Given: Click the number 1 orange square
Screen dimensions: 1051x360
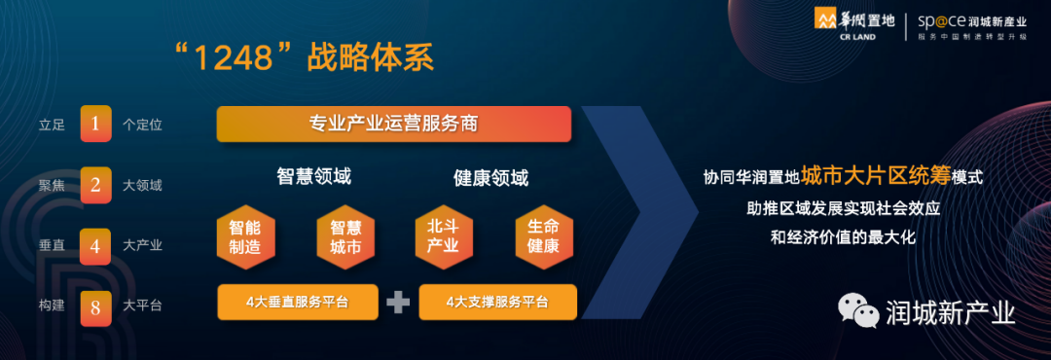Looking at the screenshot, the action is pyautogui.click(x=95, y=124).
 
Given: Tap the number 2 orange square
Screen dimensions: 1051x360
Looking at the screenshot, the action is pyautogui.click(x=95, y=185).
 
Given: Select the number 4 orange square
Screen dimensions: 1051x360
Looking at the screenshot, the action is pyautogui.click(x=95, y=246).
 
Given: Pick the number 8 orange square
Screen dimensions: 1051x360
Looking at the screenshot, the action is pyautogui.click(x=95, y=308).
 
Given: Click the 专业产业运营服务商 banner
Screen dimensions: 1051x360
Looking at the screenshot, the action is pyautogui.click(x=393, y=124).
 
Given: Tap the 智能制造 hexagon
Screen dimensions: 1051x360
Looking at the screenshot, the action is pyautogui.click(x=244, y=237).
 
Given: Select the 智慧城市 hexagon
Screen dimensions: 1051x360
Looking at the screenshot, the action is pyautogui.click(x=345, y=237).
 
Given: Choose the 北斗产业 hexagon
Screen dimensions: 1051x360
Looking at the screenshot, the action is pyautogui.click(x=443, y=237).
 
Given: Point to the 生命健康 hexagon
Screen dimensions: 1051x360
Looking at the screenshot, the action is pyautogui.click(x=544, y=237).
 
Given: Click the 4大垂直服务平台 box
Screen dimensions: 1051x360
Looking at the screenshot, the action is pyautogui.click(x=298, y=303).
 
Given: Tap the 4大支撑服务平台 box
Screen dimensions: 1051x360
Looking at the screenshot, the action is pyautogui.click(x=497, y=303).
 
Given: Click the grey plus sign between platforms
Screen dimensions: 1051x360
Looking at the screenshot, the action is pyautogui.click(x=398, y=303).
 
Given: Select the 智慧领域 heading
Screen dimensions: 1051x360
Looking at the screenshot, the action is pyautogui.click(x=313, y=176).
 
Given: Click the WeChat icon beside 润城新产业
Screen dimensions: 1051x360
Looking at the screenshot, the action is pyautogui.click(x=858, y=311).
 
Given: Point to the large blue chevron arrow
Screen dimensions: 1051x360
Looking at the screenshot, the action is pyautogui.click(x=640, y=212).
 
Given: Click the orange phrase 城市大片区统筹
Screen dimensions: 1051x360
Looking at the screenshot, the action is pyautogui.click(x=877, y=176).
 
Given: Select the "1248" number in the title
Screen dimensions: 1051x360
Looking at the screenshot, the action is pyautogui.click(x=234, y=58).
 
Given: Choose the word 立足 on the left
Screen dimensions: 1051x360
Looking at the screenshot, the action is pyautogui.click(x=52, y=125).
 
